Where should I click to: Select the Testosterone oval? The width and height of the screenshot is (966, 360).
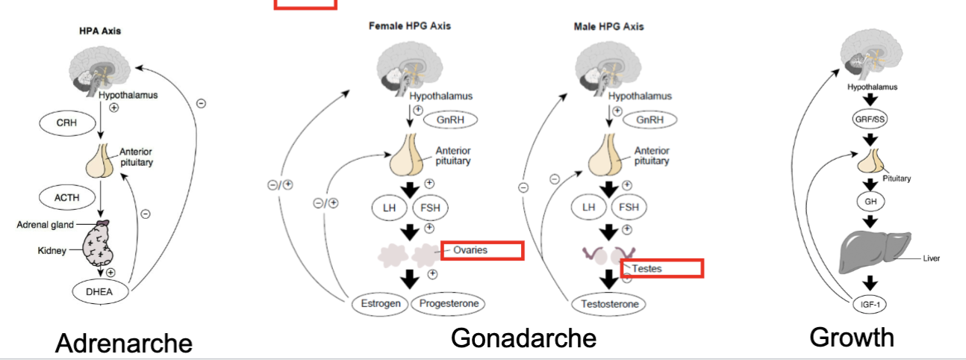608,304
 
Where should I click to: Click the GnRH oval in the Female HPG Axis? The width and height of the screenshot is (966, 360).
450,120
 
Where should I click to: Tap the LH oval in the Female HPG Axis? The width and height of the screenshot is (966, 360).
388,206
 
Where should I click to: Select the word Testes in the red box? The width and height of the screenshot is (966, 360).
646,267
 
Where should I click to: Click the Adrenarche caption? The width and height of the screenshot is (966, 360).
124,343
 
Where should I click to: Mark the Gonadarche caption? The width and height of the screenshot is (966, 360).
523,338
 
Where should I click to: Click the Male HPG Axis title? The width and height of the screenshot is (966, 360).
608,26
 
